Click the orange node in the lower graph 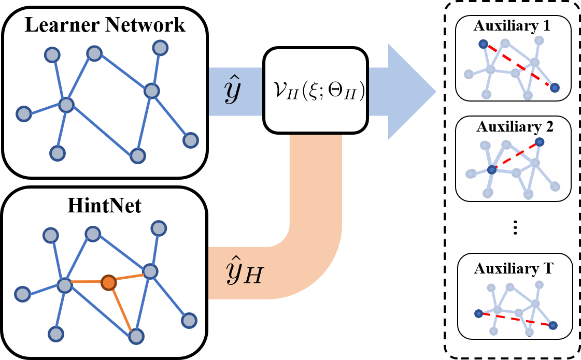tap(108, 282)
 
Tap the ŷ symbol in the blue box tap(232, 91)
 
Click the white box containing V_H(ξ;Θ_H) tap(316, 91)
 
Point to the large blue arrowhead tap(412, 92)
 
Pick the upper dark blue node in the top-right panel tap(483, 45)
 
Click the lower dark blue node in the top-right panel tap(555, 88)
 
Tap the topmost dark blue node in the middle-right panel tap(540, 141)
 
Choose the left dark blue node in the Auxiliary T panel tap(478, 313)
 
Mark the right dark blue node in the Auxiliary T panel tap(553, 325)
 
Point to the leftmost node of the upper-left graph tap(23, 113)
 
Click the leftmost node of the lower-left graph tap(22, 294)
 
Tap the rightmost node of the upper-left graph tap(191, 140)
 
